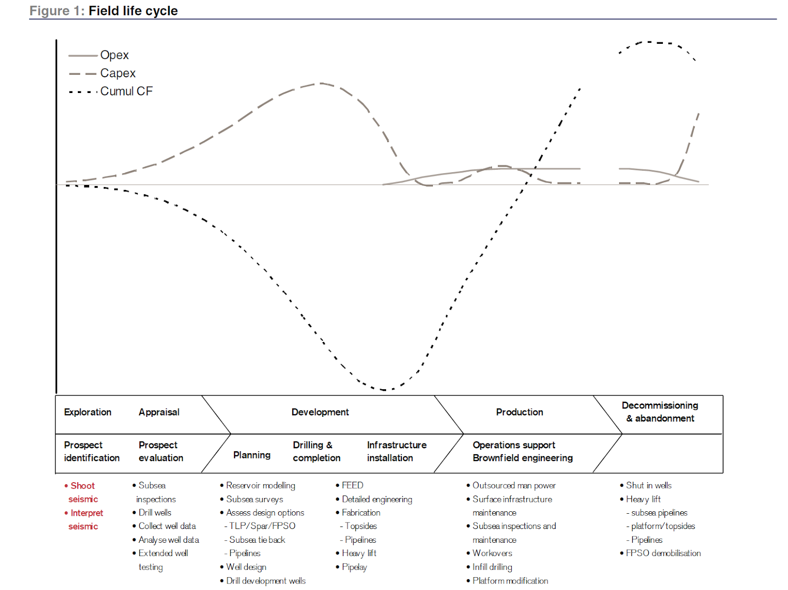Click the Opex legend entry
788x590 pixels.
tap(114, 55)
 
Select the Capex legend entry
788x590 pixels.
tap(118, 73)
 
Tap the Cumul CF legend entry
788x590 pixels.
tap(127, 92)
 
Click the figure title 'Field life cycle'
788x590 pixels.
tap(133, 11)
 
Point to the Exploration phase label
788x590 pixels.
tap(88, 412)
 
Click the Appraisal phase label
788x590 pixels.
tap(159, 412)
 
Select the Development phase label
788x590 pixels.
tap(320, 412)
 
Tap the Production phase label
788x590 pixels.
tap(520, 412)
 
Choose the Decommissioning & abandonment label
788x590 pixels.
tap(660, 412)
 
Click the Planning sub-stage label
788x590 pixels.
tap(252, 455)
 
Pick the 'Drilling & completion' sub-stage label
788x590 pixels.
tap(317, 451)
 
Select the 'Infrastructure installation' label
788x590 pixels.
tap(396, 451)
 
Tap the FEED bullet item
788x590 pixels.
tap(353, 486)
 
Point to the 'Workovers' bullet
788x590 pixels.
tap(492, 554)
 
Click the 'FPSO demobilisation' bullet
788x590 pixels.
tap(663, 554)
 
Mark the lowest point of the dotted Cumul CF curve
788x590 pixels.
tap(386, 390)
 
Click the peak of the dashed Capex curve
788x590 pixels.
tap(321, 83)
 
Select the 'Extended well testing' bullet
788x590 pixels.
tap(163, 560)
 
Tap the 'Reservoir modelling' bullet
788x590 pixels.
tap(261, 486)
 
